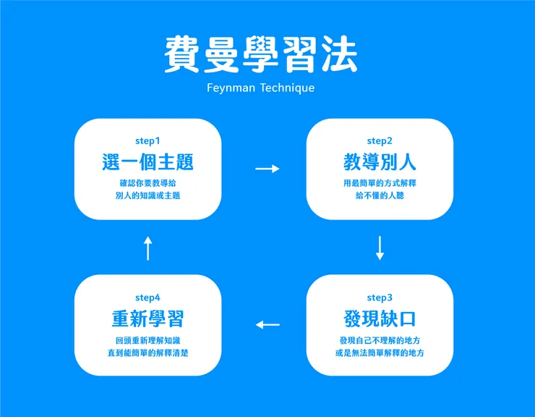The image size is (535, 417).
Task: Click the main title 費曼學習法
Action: [x=260, y=55]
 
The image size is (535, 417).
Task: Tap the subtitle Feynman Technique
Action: [x=260, y=88]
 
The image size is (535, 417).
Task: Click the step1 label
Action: [x=147, y=140]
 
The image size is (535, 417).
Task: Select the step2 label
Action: [x=380, y=140]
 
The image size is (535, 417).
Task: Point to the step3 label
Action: [x=380, y=298]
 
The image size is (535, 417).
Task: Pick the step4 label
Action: [x=147, y=298]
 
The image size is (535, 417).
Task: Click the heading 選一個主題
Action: [x=147, y=162]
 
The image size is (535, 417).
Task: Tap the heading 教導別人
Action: [x=380, y=162]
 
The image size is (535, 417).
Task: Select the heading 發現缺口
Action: [x=380, y=319]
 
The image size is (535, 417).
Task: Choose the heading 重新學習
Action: [x=147, y=319]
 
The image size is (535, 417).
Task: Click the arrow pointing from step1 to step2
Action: [x=267, y=169]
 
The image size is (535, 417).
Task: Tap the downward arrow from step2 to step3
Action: [x=380, y=248]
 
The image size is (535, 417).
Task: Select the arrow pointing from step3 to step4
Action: [x=267, y=324]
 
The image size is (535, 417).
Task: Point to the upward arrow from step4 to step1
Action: [x=147, y=248]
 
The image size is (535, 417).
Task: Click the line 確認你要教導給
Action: [x=147, y=183]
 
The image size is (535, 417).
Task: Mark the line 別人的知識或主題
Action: [x=147, y=196]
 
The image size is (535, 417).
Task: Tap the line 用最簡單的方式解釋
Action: [x=380, y=183]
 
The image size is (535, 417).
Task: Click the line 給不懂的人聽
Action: [x=380, y=196]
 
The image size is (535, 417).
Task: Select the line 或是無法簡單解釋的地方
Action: [x=380, y=353]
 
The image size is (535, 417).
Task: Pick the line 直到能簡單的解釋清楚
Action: [x=147, y=353]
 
